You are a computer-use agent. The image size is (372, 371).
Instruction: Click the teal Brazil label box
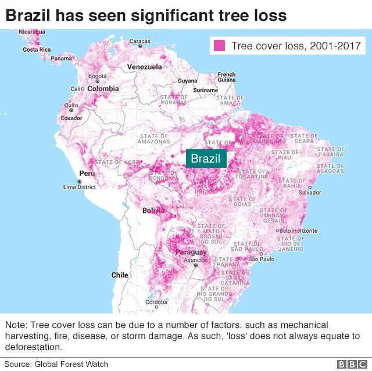[206, 159]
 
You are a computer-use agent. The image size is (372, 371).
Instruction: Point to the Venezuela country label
[145, 67]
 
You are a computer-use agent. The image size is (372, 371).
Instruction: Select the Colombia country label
[103, 89]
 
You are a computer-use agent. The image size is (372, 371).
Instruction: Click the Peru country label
[87, 173]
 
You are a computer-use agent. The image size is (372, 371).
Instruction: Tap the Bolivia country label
[153, 210]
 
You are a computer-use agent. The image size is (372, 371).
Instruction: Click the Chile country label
[120, 275]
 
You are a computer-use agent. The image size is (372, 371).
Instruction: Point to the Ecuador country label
[71, 118]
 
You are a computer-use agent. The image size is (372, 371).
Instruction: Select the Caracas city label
[139, 41]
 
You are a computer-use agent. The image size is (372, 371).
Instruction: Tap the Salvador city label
[309, 192]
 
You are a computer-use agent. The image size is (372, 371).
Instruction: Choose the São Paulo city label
[262, 259]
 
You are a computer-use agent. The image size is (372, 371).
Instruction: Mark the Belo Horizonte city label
[298, 230]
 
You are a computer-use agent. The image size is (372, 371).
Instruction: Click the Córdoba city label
[156, 302]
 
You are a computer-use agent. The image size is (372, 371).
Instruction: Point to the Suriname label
[205, 91]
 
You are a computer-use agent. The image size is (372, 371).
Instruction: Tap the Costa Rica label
[37, 50]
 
